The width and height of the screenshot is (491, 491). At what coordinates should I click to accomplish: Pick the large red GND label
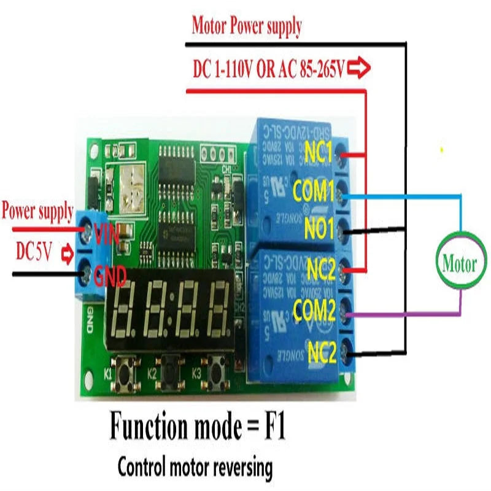(110, 277)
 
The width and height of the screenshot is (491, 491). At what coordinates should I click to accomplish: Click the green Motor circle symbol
(459, 265)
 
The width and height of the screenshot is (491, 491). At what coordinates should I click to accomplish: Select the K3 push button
(216, 371)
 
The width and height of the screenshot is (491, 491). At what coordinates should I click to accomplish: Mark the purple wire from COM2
(399, 314)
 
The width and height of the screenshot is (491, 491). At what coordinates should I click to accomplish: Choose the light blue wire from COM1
(399, 196)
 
